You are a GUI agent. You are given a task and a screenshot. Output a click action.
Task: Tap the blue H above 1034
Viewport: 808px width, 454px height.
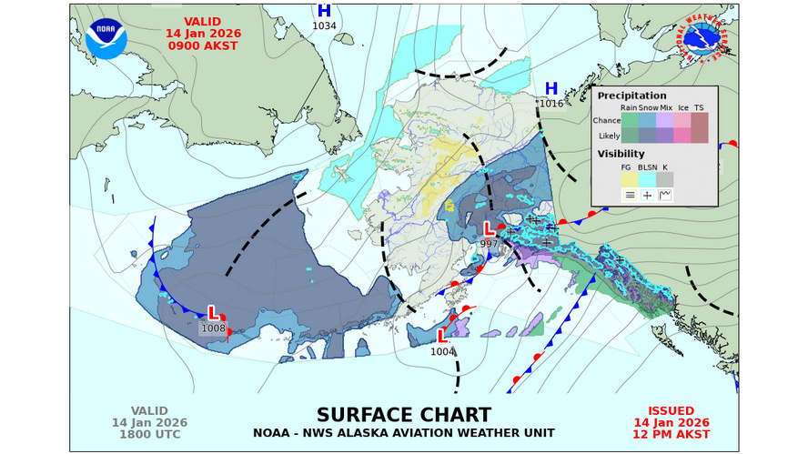coord(324,11)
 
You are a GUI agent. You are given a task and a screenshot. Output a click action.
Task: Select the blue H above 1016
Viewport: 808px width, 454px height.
coord(550,88)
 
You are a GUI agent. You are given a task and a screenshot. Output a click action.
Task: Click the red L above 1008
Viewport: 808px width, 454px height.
coord(213,313)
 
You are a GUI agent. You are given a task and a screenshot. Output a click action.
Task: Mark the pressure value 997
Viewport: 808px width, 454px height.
coord(490,243)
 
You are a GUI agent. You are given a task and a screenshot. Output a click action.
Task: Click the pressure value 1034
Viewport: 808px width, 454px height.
coord(324,25)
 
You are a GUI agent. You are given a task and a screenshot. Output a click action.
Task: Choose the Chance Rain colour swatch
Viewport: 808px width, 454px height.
coord(630,120)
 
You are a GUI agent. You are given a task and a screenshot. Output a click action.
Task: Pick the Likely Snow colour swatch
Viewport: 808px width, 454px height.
coord(647,136)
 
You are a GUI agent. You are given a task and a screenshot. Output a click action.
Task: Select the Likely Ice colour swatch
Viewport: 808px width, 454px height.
coord(682,136)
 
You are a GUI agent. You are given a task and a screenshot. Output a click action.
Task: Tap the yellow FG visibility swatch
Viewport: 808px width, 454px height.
coord(630,179)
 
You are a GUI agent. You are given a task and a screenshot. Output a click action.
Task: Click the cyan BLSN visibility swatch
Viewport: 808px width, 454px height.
coord(647,179)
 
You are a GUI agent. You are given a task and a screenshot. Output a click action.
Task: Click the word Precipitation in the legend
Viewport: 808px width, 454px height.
coord(631,95)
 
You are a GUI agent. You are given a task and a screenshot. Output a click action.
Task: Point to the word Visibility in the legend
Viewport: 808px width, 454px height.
coord(621,154)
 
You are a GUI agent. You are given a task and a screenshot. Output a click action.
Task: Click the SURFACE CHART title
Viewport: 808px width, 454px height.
coord(403,415)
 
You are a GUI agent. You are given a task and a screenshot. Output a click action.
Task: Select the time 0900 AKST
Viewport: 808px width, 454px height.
coord(202,45)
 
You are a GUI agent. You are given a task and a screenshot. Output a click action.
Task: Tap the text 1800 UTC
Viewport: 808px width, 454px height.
coord(149,435)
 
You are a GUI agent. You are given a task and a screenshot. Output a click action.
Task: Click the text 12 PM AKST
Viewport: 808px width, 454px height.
coord(671,435)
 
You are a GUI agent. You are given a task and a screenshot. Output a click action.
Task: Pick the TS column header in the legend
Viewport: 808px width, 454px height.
coord(699,107)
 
